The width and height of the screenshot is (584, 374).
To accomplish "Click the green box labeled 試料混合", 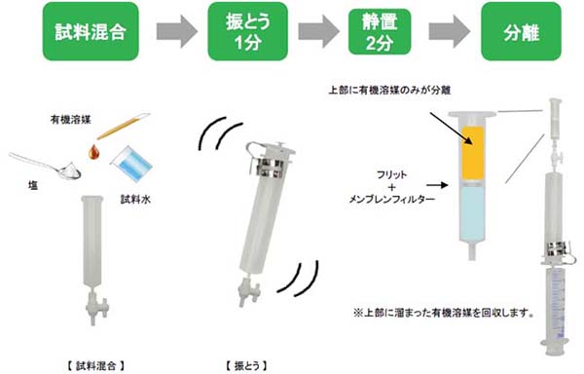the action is pyautogui.click(x=91, y=31).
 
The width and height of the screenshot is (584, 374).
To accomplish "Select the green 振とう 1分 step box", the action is pyautogui.click(x=247, y=31).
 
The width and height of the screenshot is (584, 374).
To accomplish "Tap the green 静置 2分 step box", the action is pyautogui.click(x=380, y=32).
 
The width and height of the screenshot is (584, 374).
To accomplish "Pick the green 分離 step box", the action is pyautogui.click(x=521, y=31).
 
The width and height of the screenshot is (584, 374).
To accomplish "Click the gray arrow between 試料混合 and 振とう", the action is pyautogui.click(x=177, y=31).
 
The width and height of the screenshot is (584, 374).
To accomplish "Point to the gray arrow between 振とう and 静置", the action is pyautogui.click(x=318, y=31).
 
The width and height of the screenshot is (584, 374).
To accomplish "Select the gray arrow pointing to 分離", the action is pyautogui.click(x=449, y=31).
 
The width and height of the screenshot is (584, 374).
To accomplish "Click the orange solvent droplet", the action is pyautogui.click(x=94, y=151).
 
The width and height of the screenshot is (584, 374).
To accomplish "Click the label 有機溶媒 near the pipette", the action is pyautogui.click(x=71, y=120).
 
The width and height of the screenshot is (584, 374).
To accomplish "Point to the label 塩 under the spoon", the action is pyautogui.click(x=33, y=185).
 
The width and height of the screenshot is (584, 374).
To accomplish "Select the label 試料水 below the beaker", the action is pyautogui.click(x=135, y=200).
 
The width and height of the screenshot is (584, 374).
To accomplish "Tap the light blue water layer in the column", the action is pyautogui.click(x=473, y=213).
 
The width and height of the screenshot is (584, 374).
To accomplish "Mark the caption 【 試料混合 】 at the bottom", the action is pyautogui.click(x=96, y=366).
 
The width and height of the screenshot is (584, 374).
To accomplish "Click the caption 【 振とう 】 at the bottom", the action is pyautogui.click(x=246, y=366).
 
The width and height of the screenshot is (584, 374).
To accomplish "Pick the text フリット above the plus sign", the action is pyautogui.click(x=391, y=174).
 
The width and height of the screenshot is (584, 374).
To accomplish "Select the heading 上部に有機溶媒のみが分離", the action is pyautogui.click(x=389, y=91).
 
